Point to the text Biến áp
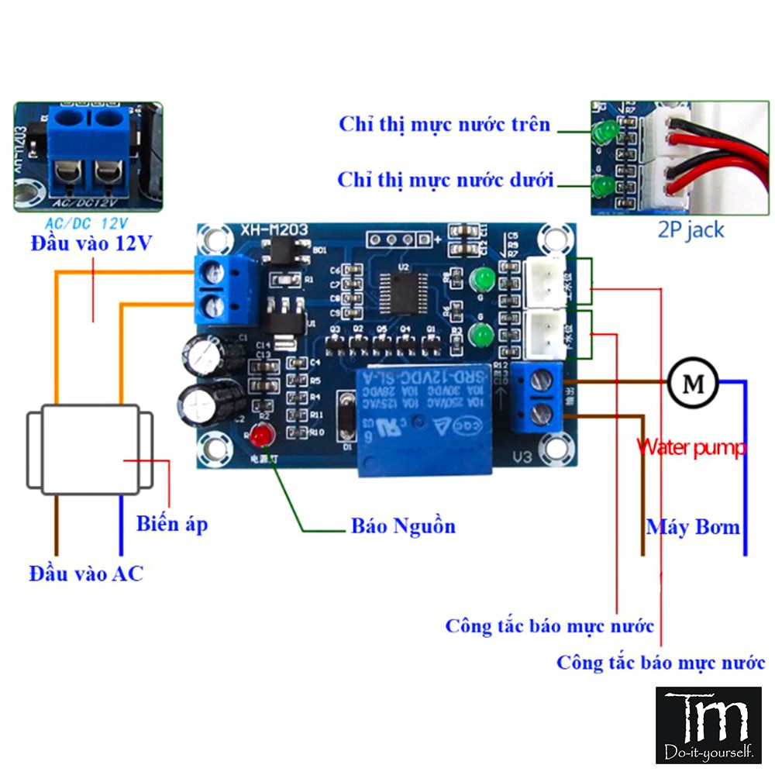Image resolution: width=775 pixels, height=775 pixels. click(172, 524)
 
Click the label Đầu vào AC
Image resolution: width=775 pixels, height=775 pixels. click(86, 573)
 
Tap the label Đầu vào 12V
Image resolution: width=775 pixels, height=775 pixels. click(91, 244)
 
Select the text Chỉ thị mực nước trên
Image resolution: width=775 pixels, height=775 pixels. click(444, 124)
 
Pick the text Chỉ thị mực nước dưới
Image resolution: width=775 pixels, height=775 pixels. click(446, 181)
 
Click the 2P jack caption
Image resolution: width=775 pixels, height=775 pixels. click(691, 229)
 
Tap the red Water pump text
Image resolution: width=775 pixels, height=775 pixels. click(691, 447)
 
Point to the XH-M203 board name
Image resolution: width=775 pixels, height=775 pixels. click(274, 230)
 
